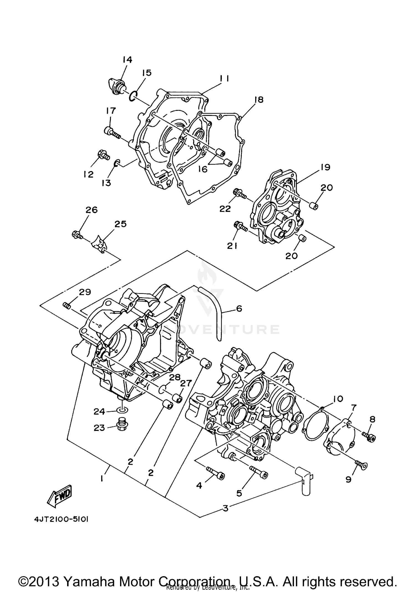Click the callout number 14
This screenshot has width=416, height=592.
coord(127,60)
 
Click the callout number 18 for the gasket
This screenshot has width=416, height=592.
coord(259,100)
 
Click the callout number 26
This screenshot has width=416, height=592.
coord(92,210)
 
